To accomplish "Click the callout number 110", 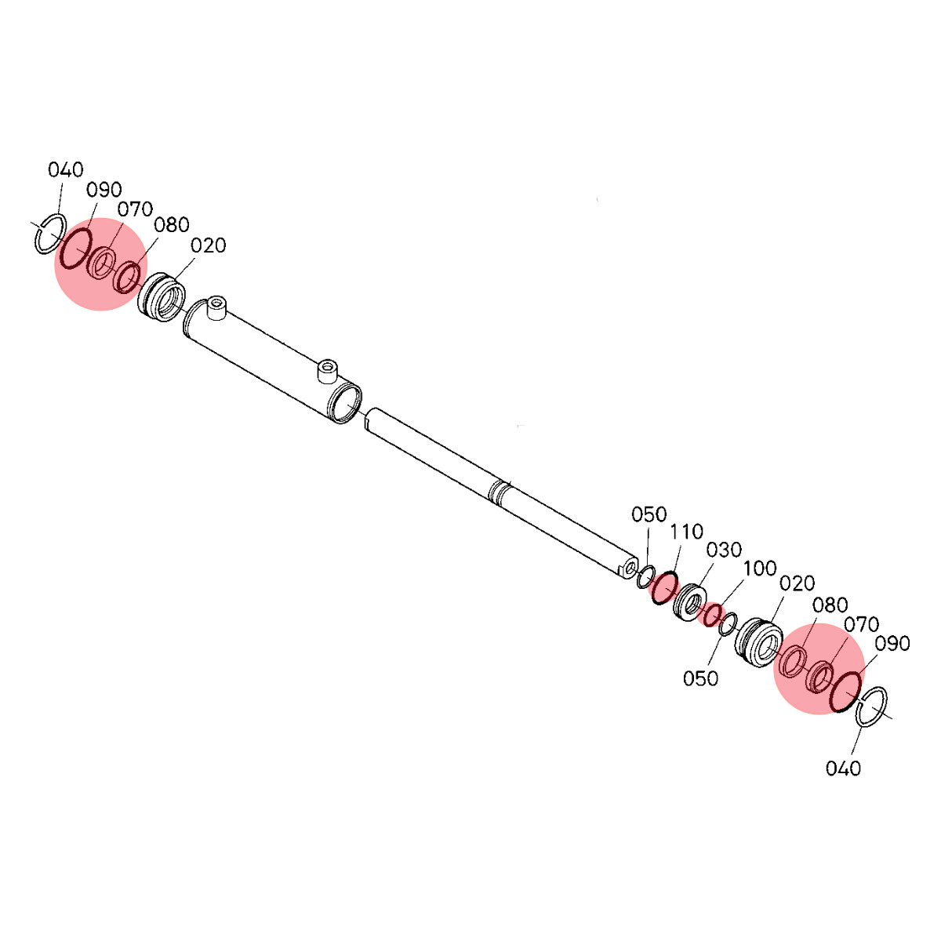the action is pos(687,532).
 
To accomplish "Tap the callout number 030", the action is pos(725,550).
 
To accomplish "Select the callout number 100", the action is pos(760,568).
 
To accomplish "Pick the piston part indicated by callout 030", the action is pos(690,602).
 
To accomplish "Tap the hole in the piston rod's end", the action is pos(630,568).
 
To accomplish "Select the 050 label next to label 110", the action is pos(649,514).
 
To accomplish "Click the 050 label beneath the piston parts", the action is pos(701,678).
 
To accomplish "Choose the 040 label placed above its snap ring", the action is pos(65,170).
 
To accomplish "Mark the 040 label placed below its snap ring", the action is pos(843,768).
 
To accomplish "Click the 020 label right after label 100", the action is pos(797,583).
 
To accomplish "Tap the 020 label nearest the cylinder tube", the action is pos(209,245).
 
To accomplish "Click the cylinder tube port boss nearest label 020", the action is pos(216,309).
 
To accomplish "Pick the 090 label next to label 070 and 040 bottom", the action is pos(892,644).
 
